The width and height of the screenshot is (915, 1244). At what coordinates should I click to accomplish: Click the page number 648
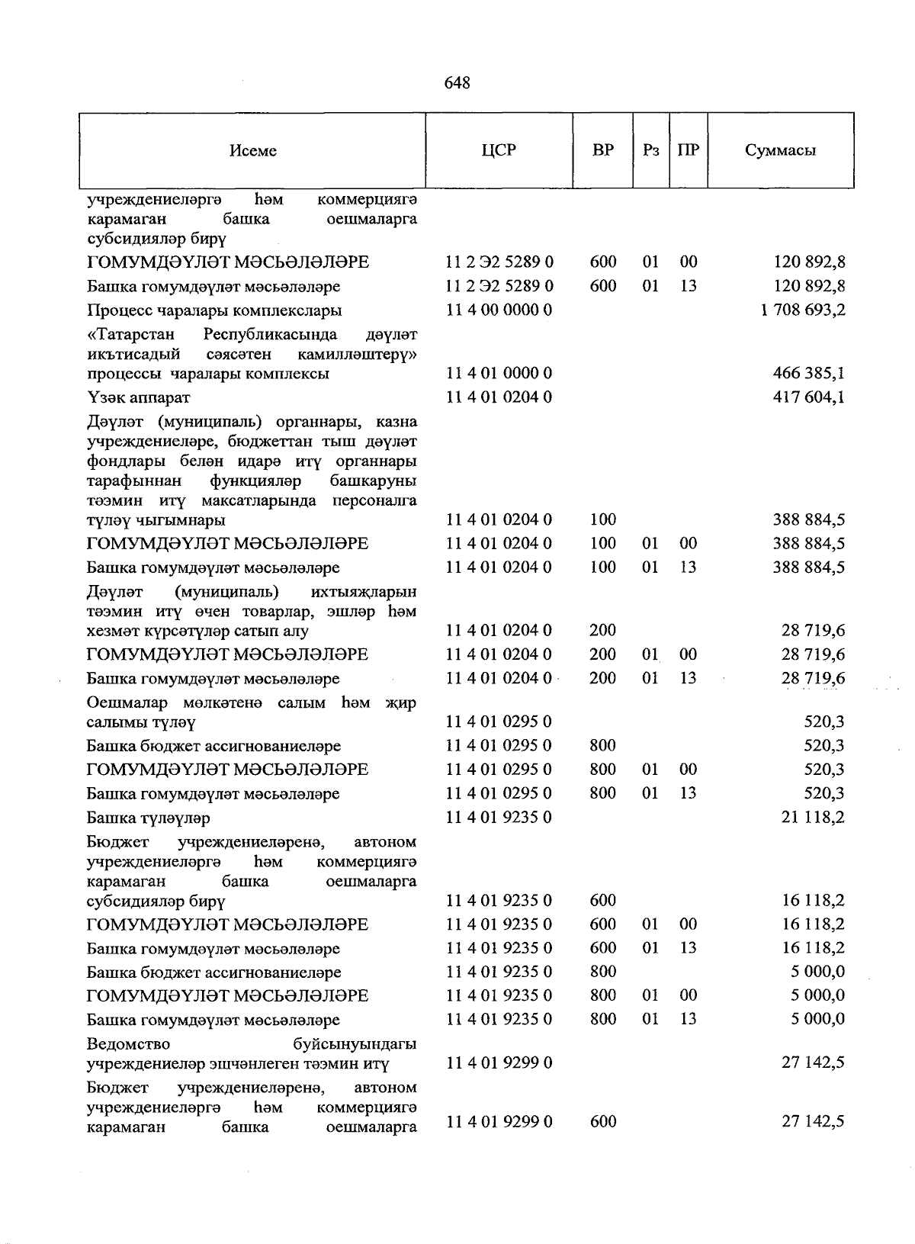(x=457, y=82)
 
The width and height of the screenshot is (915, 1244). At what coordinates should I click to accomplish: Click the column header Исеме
(x=252, y=150)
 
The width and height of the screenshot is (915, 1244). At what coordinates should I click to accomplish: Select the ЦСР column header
(x=499, y=149)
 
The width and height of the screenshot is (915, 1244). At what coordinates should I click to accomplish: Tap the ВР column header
(x=602, y=149)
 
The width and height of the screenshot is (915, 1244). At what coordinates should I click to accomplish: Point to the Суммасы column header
(x=780, y=150)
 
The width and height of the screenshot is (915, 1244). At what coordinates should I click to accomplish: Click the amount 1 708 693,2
(x=803, y=310)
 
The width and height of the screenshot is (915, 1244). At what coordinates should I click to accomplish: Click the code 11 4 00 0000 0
(x=499, y=310)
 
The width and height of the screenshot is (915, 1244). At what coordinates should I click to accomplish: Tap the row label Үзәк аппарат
(x=138, y=398)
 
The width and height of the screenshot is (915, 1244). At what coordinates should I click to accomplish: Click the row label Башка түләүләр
(x=148, y=818)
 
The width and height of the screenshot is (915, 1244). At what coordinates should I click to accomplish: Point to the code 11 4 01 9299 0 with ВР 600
(x=499, y=1121)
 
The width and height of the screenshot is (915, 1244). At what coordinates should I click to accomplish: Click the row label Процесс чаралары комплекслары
(x=213, y=310)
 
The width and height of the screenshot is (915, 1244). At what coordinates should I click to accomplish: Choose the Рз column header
(x=650, y=149)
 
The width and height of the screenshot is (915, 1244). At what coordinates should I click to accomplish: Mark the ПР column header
(x=688, y=149)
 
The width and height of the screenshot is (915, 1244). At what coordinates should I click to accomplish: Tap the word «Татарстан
(x=130, y=335)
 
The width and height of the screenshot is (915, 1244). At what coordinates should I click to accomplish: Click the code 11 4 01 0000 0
(x=499, y=374)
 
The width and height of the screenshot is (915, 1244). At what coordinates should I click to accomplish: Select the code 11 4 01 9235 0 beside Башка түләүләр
(x=499, y=818)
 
